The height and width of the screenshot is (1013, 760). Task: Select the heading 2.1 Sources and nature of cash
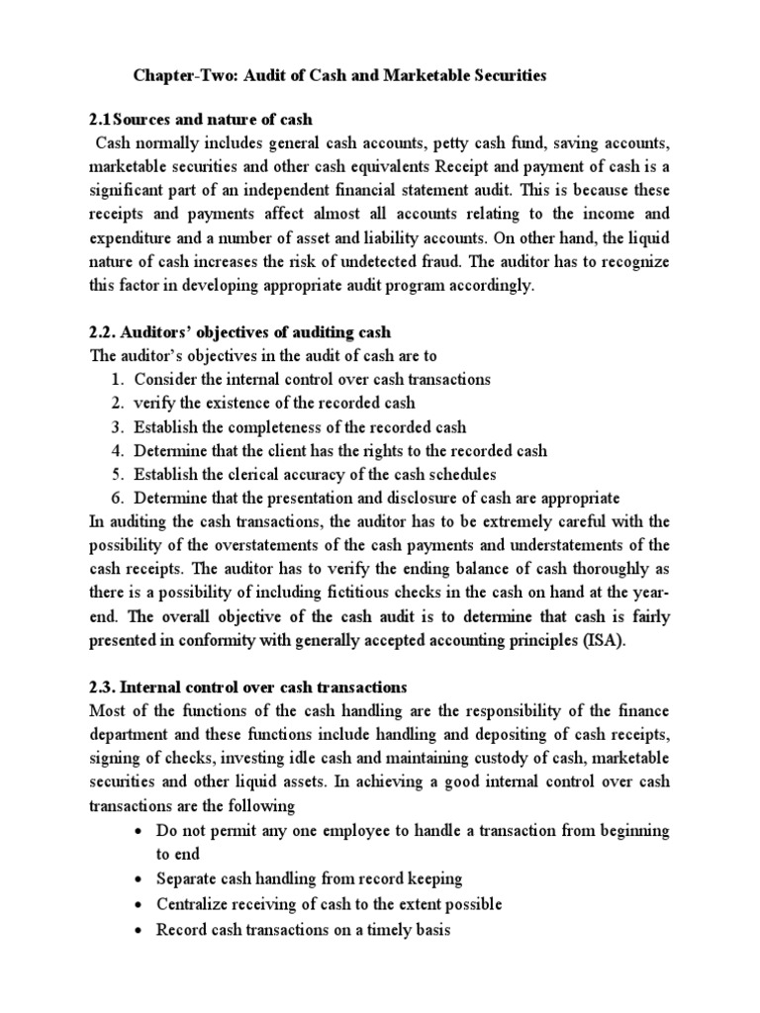(200, 121)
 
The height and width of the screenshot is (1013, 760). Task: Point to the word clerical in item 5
(242, 475)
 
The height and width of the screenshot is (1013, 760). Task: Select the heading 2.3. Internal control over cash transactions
(248, 687)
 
